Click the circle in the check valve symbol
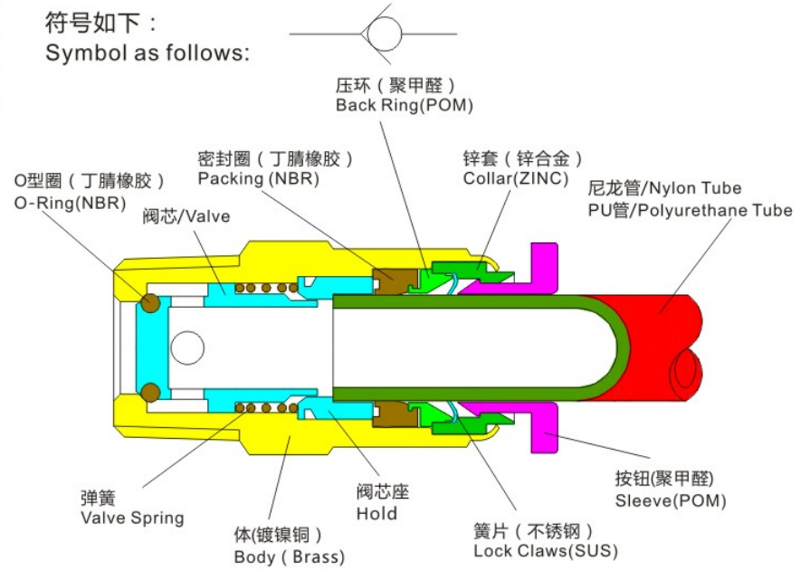(x=384, y=33)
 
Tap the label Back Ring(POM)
(x=404, y=105)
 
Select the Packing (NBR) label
(x=258, y=179)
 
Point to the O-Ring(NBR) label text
(x=71, y=203)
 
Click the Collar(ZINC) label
(x=516, y=178)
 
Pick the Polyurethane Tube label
(x=711, y=210)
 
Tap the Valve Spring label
(x=132, y=518)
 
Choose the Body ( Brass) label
(x=289, y=557)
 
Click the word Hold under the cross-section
(x=376, y=514)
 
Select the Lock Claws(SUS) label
(x=546, y=550)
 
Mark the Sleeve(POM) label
(x=671, y=500)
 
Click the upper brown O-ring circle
(x=151, y=303)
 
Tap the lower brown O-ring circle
(x=151, y=392)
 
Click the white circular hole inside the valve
(x=187, y=347)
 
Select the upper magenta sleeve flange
(x=543, y=270)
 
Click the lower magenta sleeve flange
(x=543, y=427)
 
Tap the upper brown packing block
(x=395, y=281)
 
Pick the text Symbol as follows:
(x=148, y=53)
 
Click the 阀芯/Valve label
(x=186, y=216)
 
